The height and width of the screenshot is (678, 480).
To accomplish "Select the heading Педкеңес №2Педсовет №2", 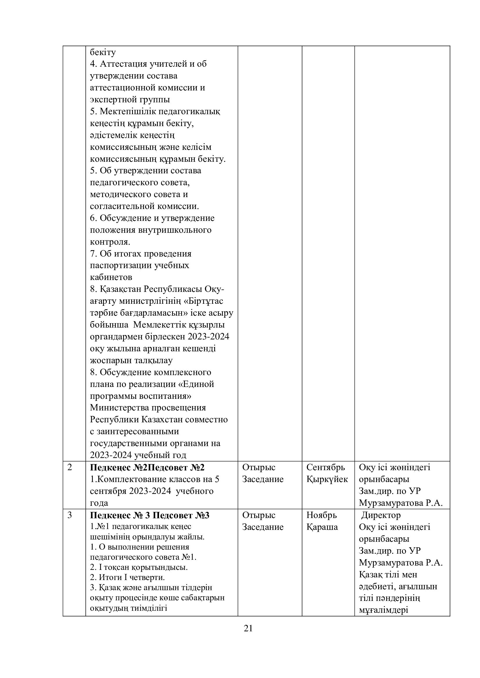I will pos(147,468).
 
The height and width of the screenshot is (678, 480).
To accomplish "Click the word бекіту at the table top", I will pos(103,52).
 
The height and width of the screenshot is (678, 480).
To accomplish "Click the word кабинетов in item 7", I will pos(111,277).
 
